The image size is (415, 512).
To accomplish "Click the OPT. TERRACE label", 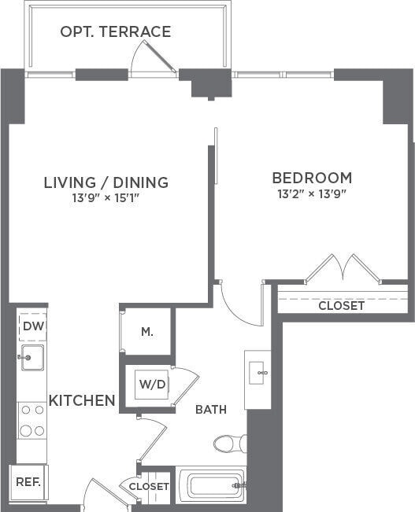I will (x=116, y=32).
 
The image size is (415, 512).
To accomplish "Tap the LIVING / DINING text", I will (x=106, y=182).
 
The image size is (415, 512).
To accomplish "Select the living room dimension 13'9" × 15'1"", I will (x=106, y=198).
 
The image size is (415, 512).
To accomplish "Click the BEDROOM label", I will (x=312, y=178).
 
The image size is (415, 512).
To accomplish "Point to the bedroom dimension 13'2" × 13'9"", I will (x=312, y=193).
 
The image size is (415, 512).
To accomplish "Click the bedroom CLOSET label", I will (x=341, y=305).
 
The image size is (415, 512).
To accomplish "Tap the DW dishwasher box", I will (x=32, y=326).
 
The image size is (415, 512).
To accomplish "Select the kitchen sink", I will (x=31, y=357).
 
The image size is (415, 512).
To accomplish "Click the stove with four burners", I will (x=31, y=421).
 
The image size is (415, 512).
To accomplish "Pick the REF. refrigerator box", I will (x=28, y=481).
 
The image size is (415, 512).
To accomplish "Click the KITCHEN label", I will (x=82, y=400).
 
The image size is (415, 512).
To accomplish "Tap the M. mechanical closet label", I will (x=147, y=331).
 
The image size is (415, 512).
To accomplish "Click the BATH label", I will (x=211, y=409).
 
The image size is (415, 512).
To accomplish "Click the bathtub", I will (x=211, y=485).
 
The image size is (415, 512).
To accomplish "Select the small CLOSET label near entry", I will (x=149, y=487).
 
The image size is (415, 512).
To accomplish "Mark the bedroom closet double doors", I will (x=343, y=269).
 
